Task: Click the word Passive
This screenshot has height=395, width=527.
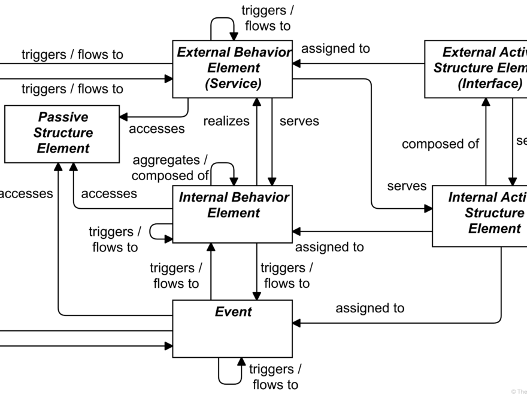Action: pos(63,117)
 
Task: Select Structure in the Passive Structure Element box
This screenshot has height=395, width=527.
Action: pos(63,133)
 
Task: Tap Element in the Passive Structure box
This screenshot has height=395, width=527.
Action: pos(63,148)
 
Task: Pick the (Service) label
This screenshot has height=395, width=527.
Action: pos(233,84)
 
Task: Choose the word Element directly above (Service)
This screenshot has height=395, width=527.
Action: pos(233,68)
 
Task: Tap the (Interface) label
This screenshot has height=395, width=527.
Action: pos(490,84)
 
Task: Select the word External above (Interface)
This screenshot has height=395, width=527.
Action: pos(468,53)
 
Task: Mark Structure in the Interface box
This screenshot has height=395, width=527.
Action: pos(462,68)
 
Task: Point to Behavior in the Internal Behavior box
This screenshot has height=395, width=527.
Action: pos(261,197)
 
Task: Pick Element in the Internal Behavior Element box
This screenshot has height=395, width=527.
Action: pos(233,213)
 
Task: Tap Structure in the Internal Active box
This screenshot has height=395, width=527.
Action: pos(494,213)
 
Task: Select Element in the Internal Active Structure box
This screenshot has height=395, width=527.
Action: pos(494,229)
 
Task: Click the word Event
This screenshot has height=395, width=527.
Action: pos(233,312)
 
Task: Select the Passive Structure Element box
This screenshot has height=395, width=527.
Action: pos(62,134)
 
